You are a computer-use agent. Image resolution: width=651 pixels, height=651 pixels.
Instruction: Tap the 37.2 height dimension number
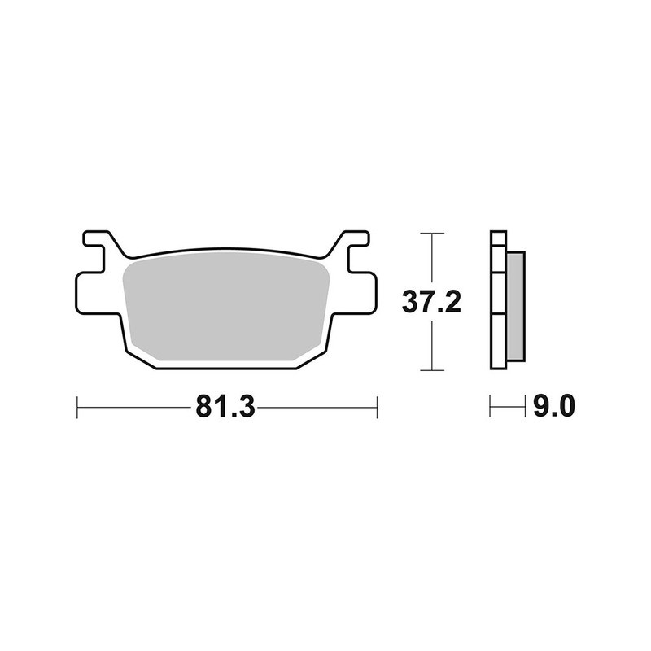tap(432, 303)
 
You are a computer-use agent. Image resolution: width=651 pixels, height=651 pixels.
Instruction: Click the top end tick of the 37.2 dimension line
tap(432, 234)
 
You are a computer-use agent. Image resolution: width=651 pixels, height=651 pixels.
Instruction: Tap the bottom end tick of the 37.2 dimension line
tap(432, 370)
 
